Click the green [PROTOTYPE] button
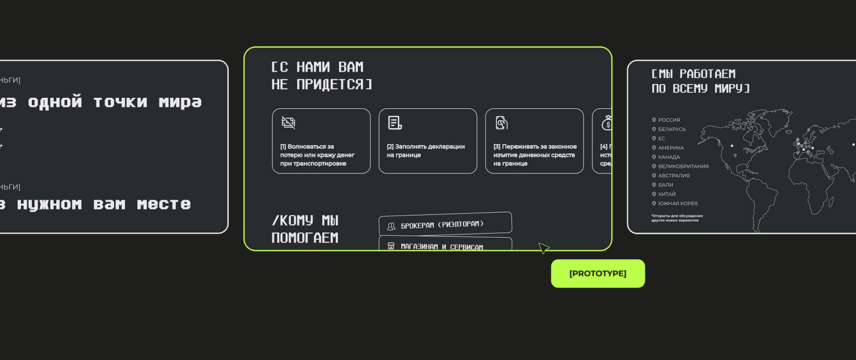[597, 273]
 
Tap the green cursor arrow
[543, 248]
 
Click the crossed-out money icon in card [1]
[289, 122]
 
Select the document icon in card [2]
[394, 123]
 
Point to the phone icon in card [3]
[501, 123]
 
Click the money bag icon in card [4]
[607, 123]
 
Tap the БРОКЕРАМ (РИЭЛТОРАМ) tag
[445, 224]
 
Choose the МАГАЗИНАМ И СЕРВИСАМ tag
[445, 246]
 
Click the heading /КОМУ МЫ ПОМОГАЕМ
[305, 229]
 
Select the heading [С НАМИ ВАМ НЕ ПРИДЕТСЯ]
[321, 76]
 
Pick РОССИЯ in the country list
[669, 120]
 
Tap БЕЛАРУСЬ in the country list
[672, 130]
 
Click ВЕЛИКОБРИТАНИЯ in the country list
[683, 166]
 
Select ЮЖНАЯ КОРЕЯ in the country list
[677, 204]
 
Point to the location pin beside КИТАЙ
[654, 194]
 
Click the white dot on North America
[731, 145]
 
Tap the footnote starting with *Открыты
[676, 218]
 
